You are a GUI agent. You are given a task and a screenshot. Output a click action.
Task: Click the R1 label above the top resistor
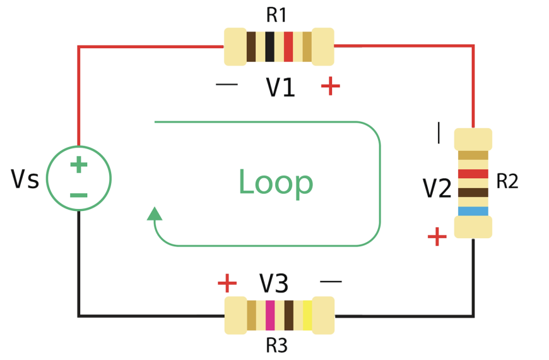pos(277,15)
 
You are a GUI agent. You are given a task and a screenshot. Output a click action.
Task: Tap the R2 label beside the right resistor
pos(507,182)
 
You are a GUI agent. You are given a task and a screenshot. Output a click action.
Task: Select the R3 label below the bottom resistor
pos(276,345)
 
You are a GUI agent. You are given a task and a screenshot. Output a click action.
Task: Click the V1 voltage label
pos(280,88)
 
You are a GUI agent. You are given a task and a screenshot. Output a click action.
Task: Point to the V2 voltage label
pos(437,189)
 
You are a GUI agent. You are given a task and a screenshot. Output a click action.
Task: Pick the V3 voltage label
pos(274,284)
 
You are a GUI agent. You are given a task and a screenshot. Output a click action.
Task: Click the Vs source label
pos(25,180)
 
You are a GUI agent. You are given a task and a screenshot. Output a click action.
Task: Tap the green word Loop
pos(275,183)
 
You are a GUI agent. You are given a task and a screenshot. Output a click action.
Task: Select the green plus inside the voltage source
pos(78,165)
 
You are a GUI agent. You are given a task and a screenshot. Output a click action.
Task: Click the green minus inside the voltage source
pos(78,195)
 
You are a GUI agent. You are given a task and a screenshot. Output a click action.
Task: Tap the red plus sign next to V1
pos(330,85)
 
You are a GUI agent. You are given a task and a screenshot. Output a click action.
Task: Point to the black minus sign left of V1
pos(227,84)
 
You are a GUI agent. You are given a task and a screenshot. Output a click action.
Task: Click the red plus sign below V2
pos(437,237)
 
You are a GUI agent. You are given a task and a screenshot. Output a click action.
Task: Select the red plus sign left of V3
pos(227,284)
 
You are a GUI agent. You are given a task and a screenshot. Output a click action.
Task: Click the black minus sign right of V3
pos(331,281)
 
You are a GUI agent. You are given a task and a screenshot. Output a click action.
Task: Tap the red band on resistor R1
pos(288,47)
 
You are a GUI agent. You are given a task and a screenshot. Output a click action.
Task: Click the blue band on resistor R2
pos(473,211)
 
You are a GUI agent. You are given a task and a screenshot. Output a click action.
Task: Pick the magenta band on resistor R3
pos(270,315)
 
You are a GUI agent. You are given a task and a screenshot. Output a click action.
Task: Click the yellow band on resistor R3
pos(307,315)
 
